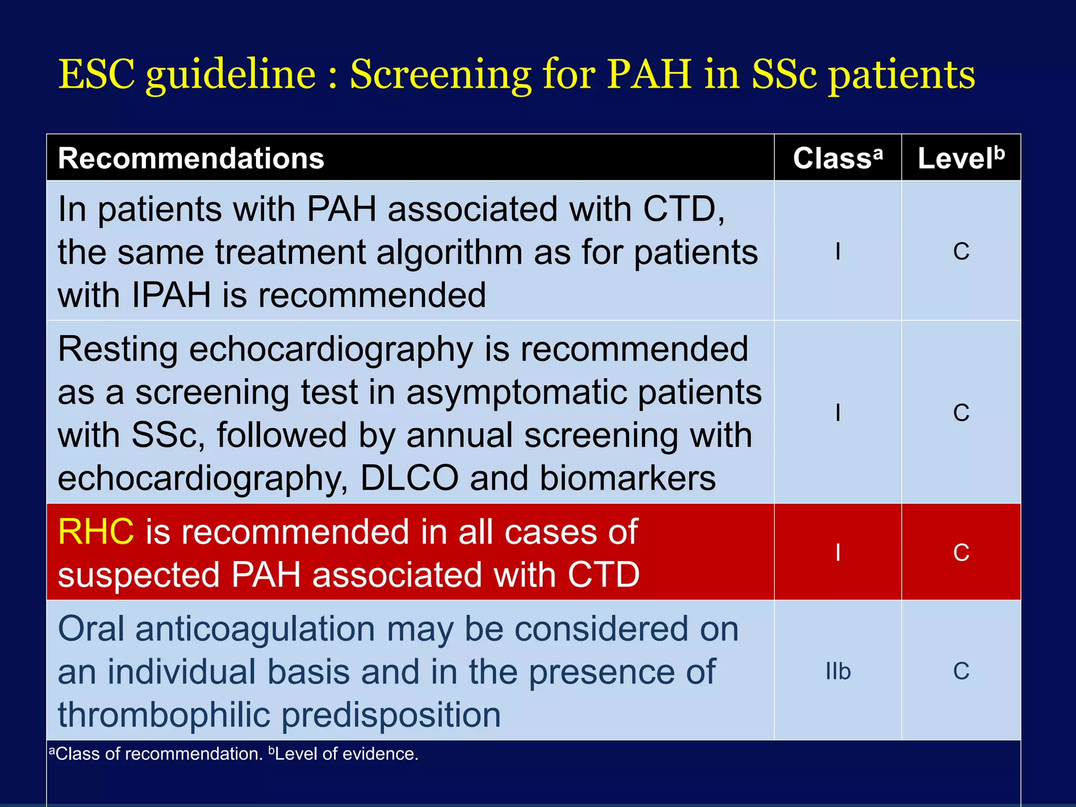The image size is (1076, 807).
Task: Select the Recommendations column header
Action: click(x=191, y=158)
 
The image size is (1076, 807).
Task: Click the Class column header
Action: click(x=837, y=158)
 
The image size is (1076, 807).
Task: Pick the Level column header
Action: click(x=960, y=158)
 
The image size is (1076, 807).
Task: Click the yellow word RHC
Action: click(x=96, y=532)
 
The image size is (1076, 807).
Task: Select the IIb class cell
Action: click(x=837, y=671)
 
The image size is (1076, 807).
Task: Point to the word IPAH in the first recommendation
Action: click(x=171, y=295)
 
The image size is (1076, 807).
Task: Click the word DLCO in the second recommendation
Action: click(x=409, y=478)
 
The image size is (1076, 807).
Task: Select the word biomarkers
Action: click(x=627, y=478)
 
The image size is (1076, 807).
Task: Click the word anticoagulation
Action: click(x=255, y=629)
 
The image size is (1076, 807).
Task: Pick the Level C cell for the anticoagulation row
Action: click(x=961, y=671)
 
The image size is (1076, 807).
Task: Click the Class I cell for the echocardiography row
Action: click(x=837, y=413)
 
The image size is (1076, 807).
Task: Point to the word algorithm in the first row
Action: click(x=449, y=253)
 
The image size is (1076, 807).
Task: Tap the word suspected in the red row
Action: click(x=139, y=574)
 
